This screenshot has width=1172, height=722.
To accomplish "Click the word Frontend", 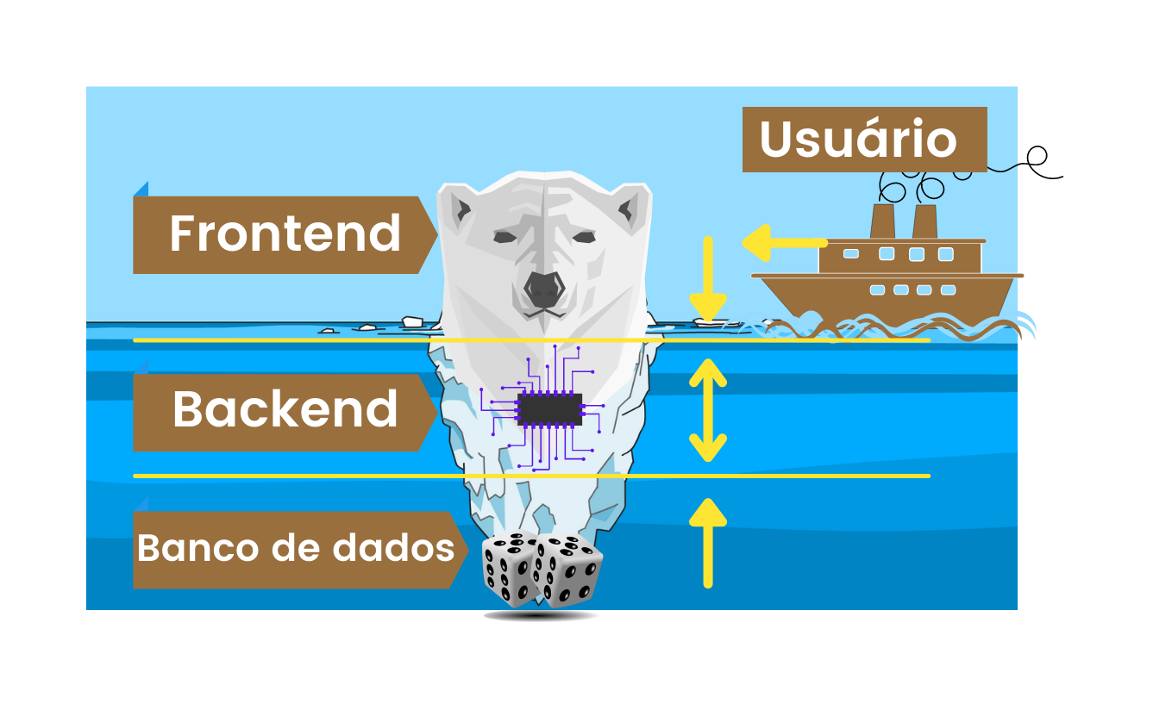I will tap(285, 233).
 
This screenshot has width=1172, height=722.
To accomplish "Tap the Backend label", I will tap(285, 410).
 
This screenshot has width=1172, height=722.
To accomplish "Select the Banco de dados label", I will tap(295, 549).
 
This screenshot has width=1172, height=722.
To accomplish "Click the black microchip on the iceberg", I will tap(549, 410).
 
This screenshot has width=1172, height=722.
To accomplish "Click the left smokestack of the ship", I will tap(881, 221).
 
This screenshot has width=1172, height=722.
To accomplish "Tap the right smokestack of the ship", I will tap(924, 221).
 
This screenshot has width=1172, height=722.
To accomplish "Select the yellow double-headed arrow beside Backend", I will tap(708, 410).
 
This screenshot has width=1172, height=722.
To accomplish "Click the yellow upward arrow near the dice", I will tap(708, 543).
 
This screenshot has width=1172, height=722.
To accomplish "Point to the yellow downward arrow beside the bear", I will tap(708, 277).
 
